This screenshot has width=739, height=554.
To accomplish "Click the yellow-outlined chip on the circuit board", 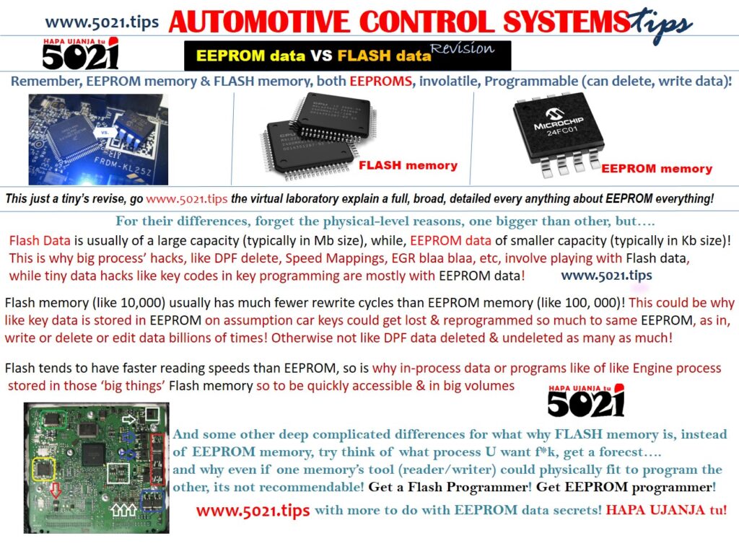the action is (43, 469).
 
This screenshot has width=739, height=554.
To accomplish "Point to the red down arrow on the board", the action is (56, 490).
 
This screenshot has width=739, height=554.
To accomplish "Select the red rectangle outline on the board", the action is (157, 460).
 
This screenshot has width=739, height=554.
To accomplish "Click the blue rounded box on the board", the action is (152, 501).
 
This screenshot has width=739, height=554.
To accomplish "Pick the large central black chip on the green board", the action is (94, 454).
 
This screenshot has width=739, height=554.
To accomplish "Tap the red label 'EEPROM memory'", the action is (657, 169).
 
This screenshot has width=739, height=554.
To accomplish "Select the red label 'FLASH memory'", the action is (408, 165).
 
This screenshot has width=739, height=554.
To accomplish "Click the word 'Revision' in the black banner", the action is (463, 48).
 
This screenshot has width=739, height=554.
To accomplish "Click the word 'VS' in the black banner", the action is (321, 56).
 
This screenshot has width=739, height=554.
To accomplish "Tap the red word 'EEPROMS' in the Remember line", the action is (381, 81).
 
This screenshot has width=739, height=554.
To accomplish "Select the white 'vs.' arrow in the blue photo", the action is (105, 133).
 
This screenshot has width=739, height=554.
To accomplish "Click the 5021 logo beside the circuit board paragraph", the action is (586, 400).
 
